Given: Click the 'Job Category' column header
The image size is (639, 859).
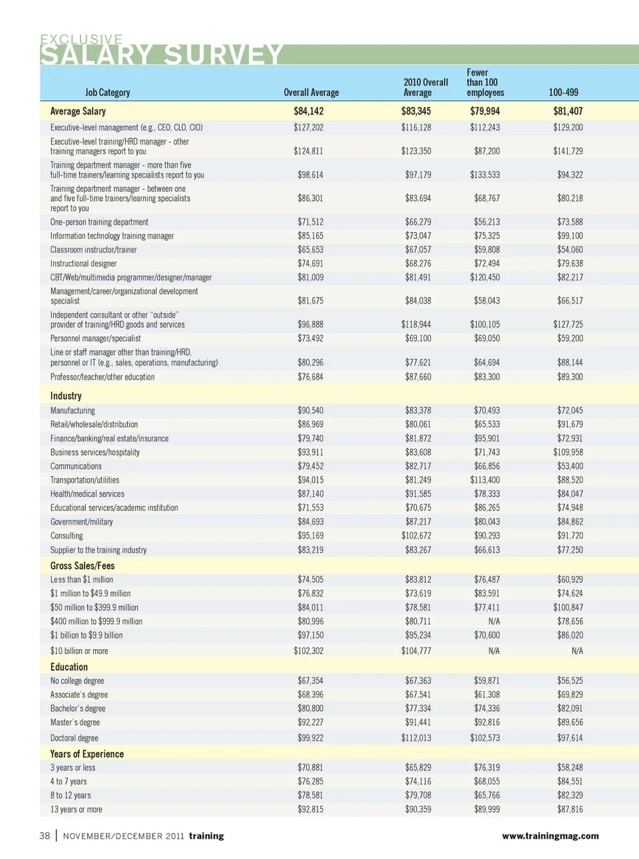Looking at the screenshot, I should click(107, 93).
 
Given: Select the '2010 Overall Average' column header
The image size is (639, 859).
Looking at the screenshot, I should click(425, 87).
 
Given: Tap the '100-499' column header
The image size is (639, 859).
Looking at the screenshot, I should click(563, 93).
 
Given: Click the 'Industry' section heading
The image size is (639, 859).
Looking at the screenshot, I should click(66, 396).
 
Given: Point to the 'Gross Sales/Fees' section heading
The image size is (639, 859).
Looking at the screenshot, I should click(83, 565).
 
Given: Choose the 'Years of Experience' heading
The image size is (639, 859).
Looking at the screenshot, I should click(87, 754).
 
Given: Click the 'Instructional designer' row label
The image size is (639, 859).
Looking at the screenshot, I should click(83, 264).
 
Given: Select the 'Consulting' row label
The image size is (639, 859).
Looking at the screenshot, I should click(67, 536).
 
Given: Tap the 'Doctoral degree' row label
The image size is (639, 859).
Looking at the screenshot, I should click(74, 738).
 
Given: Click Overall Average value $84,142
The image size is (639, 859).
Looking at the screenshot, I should click(308, 111).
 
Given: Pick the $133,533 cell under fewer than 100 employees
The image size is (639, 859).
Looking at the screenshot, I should click(485, 175).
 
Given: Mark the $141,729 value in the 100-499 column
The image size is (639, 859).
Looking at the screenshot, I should click(568, 151).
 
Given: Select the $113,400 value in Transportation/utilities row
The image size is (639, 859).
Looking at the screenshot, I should click(485, 480).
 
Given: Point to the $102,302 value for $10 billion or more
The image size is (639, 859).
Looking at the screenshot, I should click(308, 651).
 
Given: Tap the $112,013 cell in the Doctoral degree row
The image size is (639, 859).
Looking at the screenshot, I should click(416, 738).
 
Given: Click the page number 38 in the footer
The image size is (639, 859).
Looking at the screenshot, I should click(45, 836).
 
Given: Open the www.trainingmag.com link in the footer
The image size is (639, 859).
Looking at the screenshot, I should click(550, 836).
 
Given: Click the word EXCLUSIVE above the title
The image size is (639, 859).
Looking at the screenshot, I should click(81, 39).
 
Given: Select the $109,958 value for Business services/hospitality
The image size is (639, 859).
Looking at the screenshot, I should click(568, 452).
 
